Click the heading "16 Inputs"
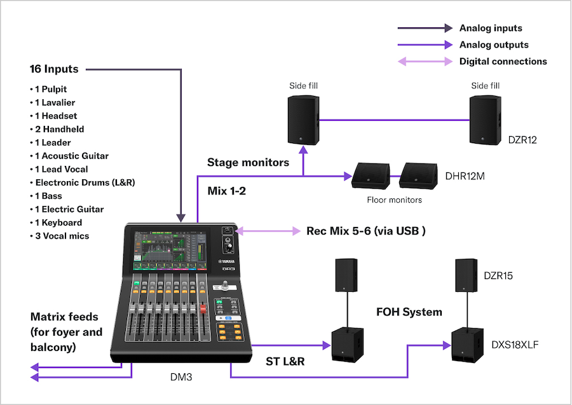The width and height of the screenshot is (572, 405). [54, 69]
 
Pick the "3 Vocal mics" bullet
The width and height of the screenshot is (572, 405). [60, 236]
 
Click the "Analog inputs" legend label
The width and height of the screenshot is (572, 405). [491, 28]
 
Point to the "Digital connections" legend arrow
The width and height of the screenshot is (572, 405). [425, 62]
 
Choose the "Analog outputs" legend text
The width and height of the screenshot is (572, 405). [494, 45]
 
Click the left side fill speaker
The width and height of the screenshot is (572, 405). [303, 120]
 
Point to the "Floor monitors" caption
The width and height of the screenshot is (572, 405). [394, 200]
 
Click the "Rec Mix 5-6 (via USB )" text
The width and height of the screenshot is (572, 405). [366, 231]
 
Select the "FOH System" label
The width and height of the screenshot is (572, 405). [409, 312]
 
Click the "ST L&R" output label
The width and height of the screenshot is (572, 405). [285, 362]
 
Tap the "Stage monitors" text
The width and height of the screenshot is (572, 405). [248, 162]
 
